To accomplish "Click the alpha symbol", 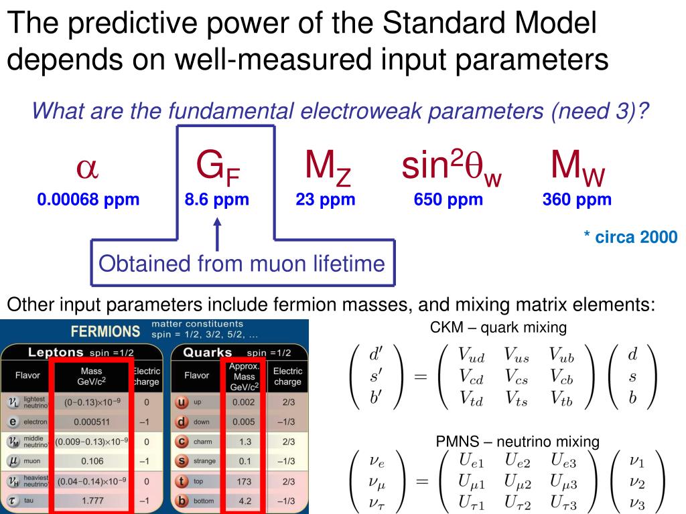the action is click(x=88, y=169).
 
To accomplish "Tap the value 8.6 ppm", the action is click(x=217, y=199).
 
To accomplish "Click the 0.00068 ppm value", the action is click(x=88, y=199).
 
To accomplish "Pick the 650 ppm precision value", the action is click(x=448, y=199).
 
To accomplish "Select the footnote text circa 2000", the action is click(x=630, y=237).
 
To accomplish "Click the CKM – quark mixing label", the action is click(x=498, y=328).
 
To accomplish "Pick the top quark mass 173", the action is click(x=243, y=481).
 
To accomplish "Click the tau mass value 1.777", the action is click(x=92, y=501).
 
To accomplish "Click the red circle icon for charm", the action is click(x=180, y=442).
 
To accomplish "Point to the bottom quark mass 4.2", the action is click(x=243, y=501).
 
